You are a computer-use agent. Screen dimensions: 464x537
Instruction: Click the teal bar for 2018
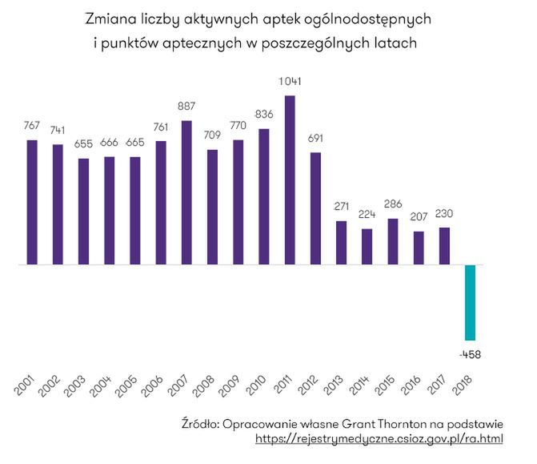470,302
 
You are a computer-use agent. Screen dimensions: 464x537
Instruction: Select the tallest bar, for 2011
290,180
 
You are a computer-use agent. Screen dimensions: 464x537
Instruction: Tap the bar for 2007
186,192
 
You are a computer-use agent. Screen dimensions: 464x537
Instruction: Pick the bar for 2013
341,242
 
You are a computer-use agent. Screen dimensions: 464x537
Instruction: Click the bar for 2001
32,202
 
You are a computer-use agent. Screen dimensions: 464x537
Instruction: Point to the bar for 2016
419,248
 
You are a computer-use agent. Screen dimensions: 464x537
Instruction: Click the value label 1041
290,81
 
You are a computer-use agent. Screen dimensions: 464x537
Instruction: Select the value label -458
470,353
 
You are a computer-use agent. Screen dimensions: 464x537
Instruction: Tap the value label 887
186,107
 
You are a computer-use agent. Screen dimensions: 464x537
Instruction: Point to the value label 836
264,115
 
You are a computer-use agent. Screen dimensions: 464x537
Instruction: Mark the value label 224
367,214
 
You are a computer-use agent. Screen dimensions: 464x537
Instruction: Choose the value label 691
315,138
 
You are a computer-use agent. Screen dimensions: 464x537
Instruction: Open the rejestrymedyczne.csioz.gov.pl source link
379,439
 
